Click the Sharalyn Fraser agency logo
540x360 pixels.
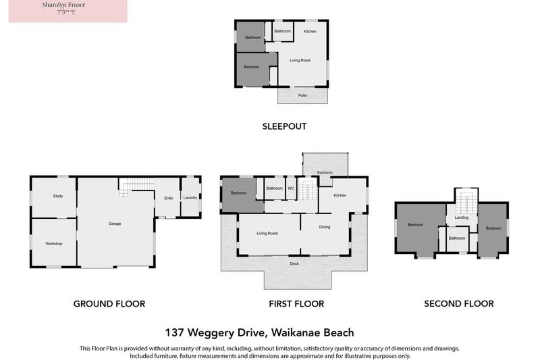click(x=67, y=11)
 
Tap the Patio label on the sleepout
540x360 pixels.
click(x=303, y=95)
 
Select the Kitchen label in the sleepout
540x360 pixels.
click(x=310, y=32)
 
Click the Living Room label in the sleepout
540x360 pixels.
click(x=300, y=61)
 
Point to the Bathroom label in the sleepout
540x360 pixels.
click(x=283, y=32)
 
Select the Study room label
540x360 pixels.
click(x=58, y=196)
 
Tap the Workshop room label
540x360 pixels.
click(x=54, y=242)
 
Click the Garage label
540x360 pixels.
click(x=115, y=223)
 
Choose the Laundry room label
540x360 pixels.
click(x=190, y=198)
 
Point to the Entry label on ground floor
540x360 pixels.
click(x=169, y=198)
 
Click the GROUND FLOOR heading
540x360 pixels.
click(x=109, y=304)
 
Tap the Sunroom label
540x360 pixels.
click(x=325, y=173)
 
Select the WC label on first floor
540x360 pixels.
click(x=291, y=188)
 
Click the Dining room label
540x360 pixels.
click(x=325, y=227)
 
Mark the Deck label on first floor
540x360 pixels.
click(x=294, y=263)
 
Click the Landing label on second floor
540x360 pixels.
click(x=462, y=217)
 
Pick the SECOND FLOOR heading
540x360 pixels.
click(x=459, y=304)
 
